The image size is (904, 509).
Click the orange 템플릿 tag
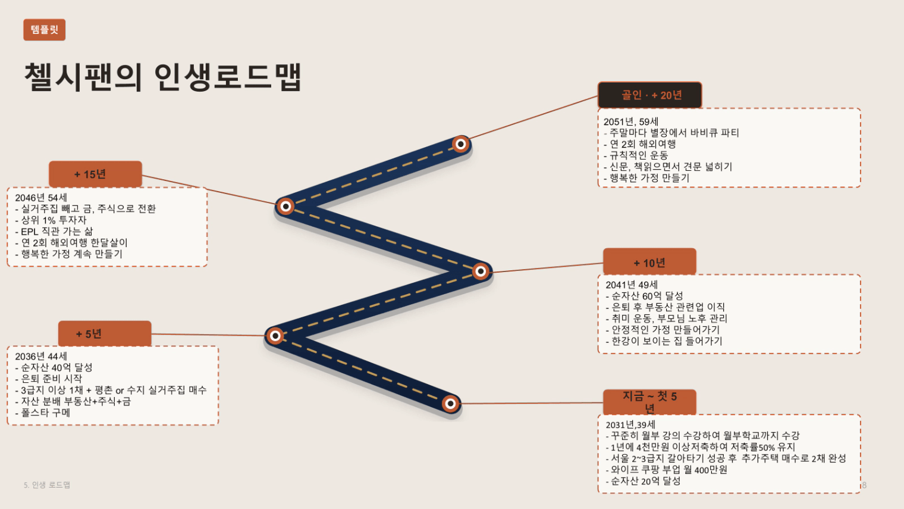click(x=45, y=30)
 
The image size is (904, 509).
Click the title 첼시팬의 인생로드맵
click(x=163, y=77)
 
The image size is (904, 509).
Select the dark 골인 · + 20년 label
click(x=649, y=95)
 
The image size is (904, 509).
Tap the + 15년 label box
click(x=95, y=174)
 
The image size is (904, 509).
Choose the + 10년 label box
click(x=649, y=263)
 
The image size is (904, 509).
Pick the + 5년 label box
click(x=105, y=333)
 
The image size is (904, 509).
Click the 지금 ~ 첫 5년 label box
click(x=649, y=402)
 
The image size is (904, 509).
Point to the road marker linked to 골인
click(x=460, y=144)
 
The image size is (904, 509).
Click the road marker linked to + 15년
click(x=285, y=207)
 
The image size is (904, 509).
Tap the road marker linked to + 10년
click(x=481, y=271)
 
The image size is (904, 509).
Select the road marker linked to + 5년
click(x=275, y=335)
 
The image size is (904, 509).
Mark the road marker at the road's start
click(x=450, y=403)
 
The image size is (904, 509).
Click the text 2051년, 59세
click(x=631, y=121)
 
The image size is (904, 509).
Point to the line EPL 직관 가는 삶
click(x=54, y=232)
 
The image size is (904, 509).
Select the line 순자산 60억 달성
click(x=645, y=296)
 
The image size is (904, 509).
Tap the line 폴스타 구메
click(x=42, y=413)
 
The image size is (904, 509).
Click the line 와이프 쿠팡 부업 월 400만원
click(x=666, y=469)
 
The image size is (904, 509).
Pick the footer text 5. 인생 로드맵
click(x=47, y=485)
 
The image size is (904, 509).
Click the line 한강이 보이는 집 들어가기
click(x=664, y=341)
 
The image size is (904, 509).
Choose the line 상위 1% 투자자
click(x=51, y=220)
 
